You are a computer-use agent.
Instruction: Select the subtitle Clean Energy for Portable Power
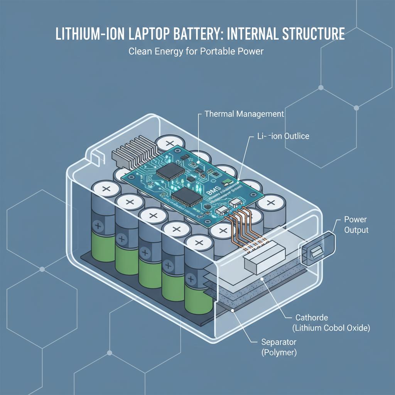[196, 51]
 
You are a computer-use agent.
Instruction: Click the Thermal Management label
[244, 114]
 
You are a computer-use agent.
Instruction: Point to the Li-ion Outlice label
[283, 136]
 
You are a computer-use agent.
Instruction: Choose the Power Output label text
[356, 225]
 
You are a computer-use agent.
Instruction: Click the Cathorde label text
[312, 318]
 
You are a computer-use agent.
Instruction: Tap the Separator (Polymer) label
[279, 347]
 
